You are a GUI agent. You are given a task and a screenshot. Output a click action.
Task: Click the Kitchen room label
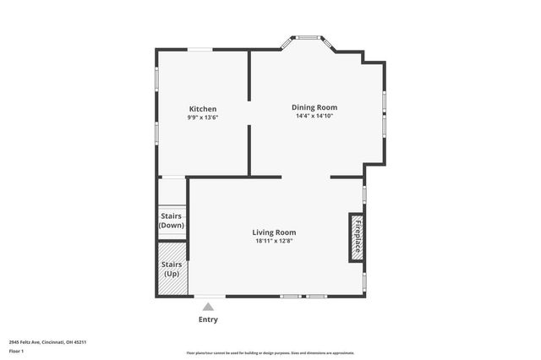(202, 109)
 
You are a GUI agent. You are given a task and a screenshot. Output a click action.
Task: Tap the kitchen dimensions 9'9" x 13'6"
(202, 117)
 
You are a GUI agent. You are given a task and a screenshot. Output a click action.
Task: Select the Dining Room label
(314, 107)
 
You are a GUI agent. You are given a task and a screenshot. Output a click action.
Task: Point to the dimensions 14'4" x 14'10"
(314, 116)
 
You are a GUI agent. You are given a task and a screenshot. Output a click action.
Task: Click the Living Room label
(274, 232)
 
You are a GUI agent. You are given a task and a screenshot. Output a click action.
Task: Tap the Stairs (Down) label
(172, 221)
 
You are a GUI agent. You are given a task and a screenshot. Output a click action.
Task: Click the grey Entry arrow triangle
(208, 307)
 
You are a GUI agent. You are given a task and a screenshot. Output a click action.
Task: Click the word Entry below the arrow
(208, 319)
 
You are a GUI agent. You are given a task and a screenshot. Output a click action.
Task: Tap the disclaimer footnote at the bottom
(270, 353)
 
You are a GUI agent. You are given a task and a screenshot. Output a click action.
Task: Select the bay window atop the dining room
(308, 37)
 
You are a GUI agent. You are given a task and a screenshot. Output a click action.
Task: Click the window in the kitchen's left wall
(156, 79)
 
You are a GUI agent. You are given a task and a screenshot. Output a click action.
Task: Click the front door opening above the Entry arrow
(209, 296)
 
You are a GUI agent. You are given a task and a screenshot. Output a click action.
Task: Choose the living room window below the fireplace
(364, 280)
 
